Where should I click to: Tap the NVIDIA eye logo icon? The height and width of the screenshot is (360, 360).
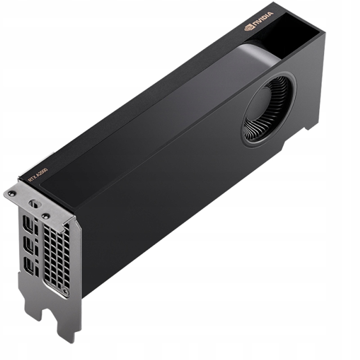point(249,27)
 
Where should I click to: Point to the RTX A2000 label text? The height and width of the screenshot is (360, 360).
point(37,175)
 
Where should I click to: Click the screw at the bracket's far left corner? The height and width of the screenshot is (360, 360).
point(12,193)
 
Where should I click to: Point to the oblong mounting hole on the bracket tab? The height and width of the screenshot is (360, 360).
point(35,203)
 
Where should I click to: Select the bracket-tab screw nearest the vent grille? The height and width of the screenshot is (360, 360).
point(45,216)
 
